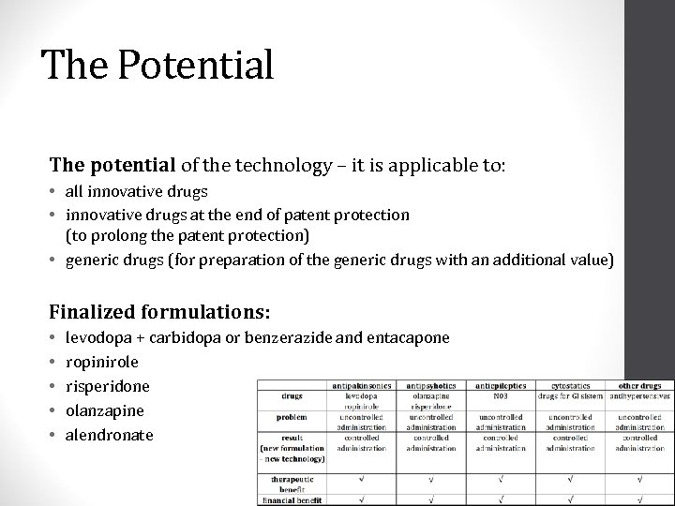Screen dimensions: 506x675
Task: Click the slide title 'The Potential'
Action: click(x=157, y=66)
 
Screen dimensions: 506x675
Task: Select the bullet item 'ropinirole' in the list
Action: click(x=102, y=361)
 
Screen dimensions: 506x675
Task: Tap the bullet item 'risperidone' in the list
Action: click(x=107, y=385)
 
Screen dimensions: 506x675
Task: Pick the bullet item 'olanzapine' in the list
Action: click(x=105, y=410)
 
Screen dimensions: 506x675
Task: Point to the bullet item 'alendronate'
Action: click(x=109, y=435)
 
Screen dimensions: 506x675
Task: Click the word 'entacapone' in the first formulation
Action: click(x=408, y=336)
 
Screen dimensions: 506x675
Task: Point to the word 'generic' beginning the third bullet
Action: click(x=90, y=260)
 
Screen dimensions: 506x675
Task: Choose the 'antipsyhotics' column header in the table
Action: click(x=430, y=385)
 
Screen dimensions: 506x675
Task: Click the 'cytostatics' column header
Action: click(x=569, y=385)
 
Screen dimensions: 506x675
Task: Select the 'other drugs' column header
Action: click(x=639, y=385)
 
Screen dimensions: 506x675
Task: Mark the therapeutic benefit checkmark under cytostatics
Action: click(x=569, y=481)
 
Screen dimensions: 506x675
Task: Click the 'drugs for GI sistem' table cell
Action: click(x=569, y=395)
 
